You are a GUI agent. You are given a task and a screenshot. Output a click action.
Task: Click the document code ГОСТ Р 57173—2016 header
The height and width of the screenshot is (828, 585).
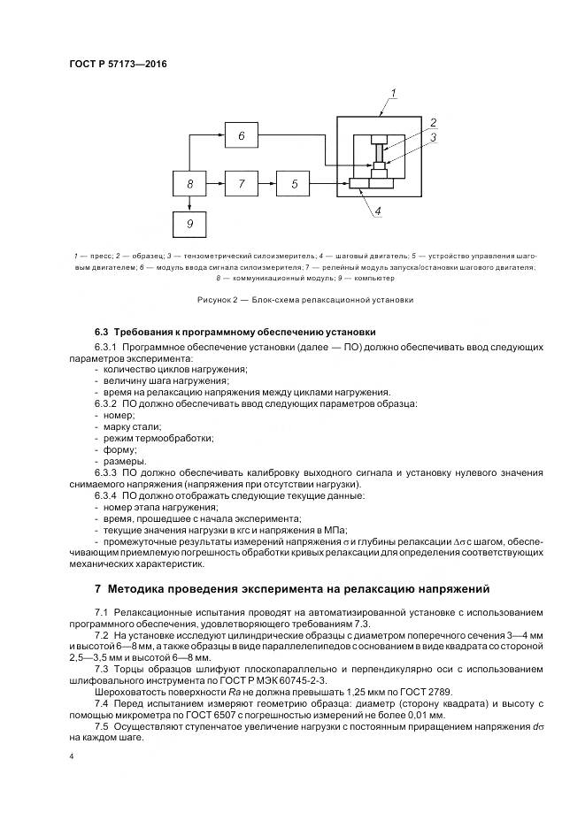[118, 65]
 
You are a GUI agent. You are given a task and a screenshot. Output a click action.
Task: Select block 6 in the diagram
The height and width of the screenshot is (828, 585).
[242, 135]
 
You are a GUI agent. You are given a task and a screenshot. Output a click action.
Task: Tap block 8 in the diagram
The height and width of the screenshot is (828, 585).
[189, 184]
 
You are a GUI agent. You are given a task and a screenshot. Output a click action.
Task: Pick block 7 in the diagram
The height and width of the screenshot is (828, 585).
[242, 184]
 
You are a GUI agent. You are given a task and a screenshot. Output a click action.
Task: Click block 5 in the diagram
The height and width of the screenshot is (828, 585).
[295, 184]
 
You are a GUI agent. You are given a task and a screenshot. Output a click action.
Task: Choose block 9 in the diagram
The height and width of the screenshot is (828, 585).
[189, 225]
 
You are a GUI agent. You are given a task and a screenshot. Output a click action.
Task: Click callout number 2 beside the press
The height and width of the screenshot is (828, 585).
[433, 122]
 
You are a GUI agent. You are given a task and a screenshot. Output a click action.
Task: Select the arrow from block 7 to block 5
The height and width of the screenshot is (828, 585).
[268, 184]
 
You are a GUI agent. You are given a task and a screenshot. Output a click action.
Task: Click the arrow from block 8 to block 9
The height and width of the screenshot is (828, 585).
[189, 204]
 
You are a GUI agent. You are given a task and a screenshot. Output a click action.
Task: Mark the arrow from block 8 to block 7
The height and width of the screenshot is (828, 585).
[216, 184]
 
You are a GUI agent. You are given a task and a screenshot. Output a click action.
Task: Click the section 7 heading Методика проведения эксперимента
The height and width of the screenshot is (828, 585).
[298, 588]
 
